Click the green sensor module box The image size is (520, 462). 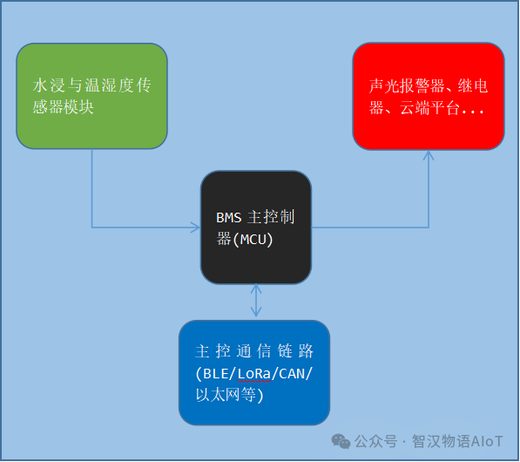pos(91,96)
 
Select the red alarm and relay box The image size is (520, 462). pos(429,96)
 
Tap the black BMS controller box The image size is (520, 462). pos(256,228)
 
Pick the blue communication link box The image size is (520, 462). pos(254,373)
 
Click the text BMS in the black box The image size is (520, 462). pos(228,218)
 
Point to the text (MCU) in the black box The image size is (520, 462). pos(253,240)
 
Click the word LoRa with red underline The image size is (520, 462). pos(254,374)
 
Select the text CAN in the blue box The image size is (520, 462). pos(292,374)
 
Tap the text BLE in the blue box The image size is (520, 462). pos(215,374)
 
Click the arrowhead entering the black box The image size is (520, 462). pos(195,228)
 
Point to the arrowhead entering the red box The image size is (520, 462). pos(429,155)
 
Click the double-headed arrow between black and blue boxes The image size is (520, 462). pos(256,301)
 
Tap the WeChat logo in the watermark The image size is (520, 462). pos(341,441)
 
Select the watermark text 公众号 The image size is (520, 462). pos(375,441)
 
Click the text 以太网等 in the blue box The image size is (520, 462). pos(226,395)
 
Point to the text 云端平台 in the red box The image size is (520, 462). pos(429,108)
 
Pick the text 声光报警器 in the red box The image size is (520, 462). pos(407,86)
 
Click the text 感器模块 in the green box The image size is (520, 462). pos(63,107)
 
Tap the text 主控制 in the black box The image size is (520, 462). pos(271,217)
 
